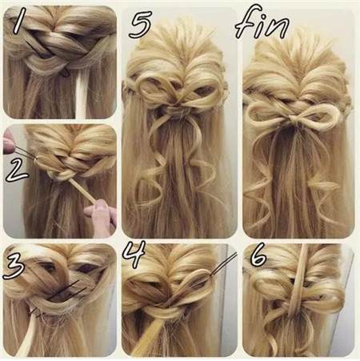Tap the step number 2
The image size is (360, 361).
coord(17,171)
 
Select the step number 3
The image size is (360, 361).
coord(14,266)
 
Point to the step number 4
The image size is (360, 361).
coord(134,254)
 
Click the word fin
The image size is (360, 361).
coord(262,25)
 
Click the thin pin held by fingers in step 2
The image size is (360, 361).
coord(25,153)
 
